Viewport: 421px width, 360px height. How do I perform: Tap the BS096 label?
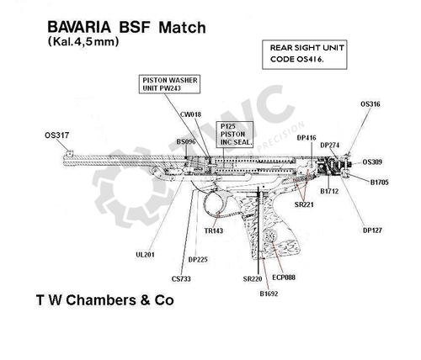coord(185,142)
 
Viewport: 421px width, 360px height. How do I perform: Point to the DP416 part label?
coord(306,137)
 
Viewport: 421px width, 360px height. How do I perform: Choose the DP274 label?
coord(330,146)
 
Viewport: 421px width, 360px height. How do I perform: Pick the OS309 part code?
coord(373,161)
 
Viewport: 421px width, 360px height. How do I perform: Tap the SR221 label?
coord(304,204)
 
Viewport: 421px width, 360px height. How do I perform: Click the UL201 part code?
coord(145,254)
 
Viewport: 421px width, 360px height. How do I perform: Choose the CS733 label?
coord(180,278)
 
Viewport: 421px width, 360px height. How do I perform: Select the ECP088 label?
coord(284,277)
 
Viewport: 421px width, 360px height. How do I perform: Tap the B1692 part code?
coord(269,294)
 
